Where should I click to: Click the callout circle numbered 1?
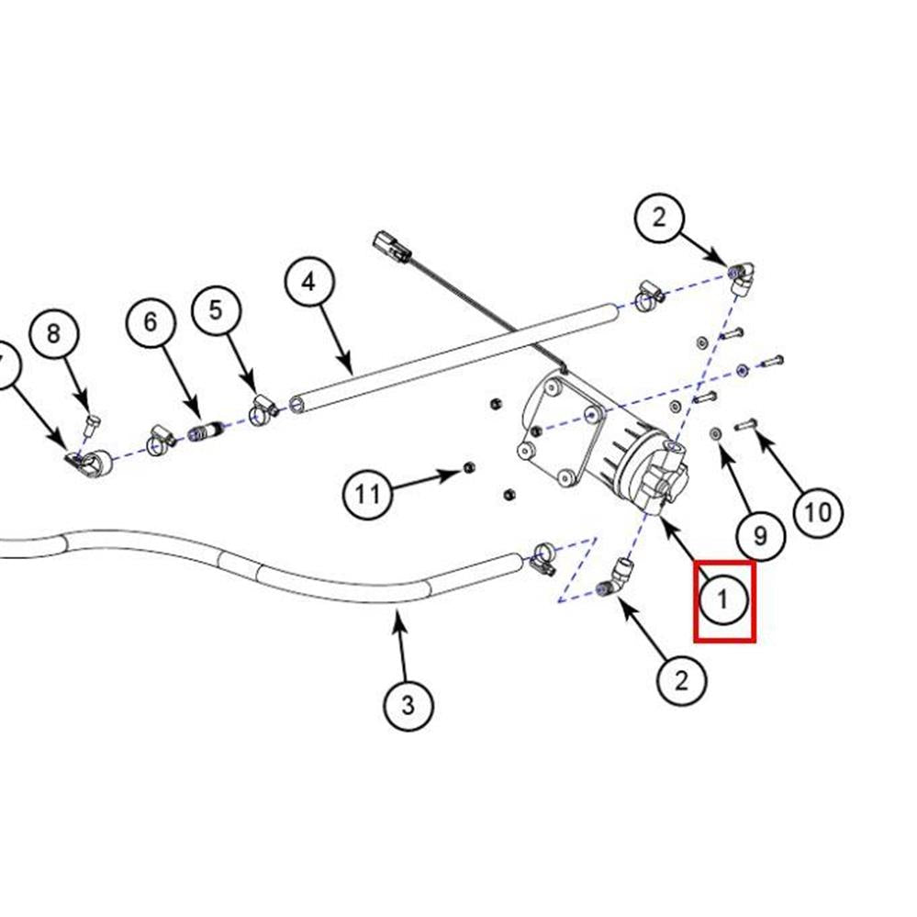[x=723, y=599]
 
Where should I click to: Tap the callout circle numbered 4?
[x=308, y=281]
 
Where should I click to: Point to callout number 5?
[x=216, y=309]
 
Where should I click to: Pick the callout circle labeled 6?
[x=151, y=321]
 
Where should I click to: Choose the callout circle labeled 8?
[x=53, y=332]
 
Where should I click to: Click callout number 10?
[x=817, y=510]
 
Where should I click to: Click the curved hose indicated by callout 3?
[x=275, y=579]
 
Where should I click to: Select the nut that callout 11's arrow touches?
[x=467, y=468]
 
